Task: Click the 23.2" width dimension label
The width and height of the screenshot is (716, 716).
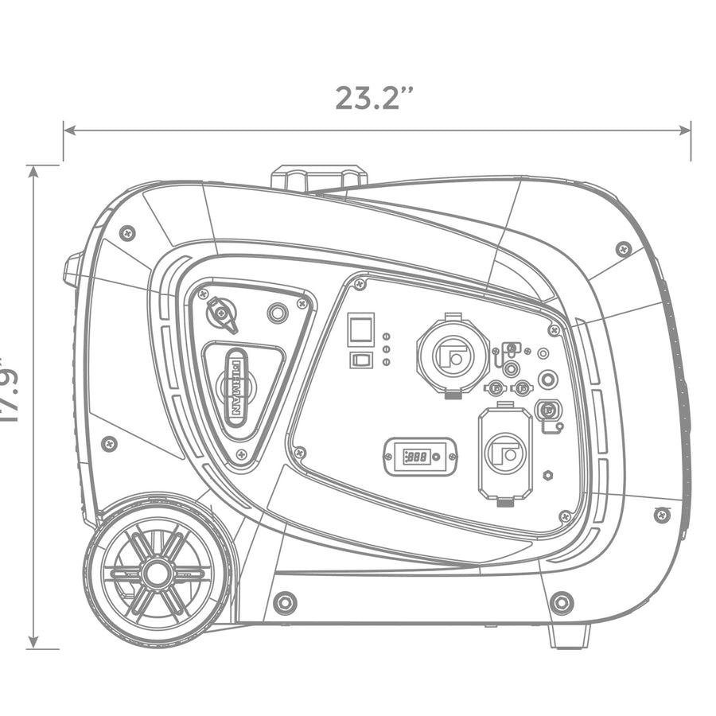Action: coord(374,97)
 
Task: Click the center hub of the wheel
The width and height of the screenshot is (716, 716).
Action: coord(158,573)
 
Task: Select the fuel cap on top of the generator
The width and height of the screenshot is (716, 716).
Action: coord(319,177)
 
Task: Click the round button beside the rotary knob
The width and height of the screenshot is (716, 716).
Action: coord(278,313)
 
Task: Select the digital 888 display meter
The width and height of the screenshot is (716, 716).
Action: coord(420,457)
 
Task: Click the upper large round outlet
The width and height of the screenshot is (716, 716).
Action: coord(453,354)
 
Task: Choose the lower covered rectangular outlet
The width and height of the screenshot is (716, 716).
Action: coord(505,454)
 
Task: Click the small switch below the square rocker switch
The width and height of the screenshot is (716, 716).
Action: coord(360,360)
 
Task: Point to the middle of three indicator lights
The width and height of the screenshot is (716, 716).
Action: coord(386,349)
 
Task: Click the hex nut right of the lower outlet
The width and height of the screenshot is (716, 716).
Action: coord(548,475)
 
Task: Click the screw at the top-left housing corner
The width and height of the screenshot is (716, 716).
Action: coord(127,233)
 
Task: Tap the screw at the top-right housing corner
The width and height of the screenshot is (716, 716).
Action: coord(624,248)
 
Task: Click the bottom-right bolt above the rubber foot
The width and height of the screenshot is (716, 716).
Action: coord(562,602)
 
